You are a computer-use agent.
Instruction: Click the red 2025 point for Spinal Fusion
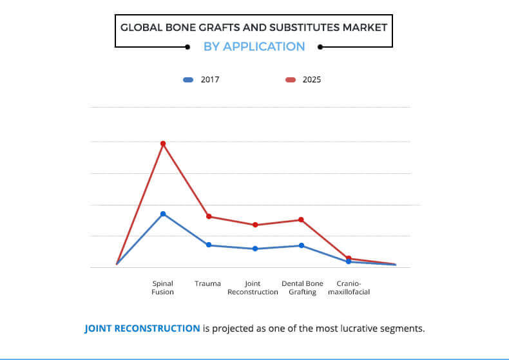(x=163, y=144)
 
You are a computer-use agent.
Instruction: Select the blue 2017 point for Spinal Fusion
(x=163, y=214)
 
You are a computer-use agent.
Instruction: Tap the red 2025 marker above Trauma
(x=209, y=216)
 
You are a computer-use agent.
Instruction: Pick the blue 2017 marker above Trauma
(x=209, y=245)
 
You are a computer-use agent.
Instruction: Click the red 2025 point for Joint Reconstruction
(x=255, y=225)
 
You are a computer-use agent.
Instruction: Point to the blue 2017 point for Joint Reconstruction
(x=255, y=249)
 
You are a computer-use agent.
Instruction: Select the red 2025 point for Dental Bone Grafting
(x=302, y=220)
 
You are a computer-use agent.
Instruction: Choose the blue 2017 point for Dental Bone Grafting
(x=302, y=245)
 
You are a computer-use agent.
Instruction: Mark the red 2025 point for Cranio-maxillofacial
(x=349, y=258)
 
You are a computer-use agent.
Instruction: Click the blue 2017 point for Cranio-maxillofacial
(x=349, y=261)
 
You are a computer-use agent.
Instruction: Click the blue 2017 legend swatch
(x=188, y=80)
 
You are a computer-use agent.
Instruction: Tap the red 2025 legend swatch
(x=291, y=80)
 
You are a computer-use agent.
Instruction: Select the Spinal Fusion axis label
(x=163, y=287)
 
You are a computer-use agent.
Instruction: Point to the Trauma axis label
(x=207, y=283)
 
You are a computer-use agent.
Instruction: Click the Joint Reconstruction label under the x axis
(x=253, y=287)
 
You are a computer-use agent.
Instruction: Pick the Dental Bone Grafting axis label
(x=303, y=287)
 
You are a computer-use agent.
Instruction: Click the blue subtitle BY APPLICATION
(x=254, y=46)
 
